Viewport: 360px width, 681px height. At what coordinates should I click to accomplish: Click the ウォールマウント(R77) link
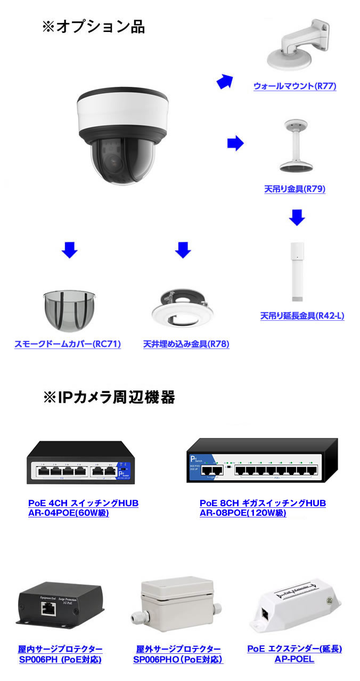click(294, 86)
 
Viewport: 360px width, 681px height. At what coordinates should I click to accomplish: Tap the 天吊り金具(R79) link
click(294, 189)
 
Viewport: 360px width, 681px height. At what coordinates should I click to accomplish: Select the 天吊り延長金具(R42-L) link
click(302, 315)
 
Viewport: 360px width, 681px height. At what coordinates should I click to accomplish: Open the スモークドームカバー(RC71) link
click(68, 344)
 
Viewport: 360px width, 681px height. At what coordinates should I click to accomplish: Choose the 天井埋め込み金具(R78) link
click(186, 344)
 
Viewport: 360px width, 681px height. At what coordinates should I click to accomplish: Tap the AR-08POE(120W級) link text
click(242, 513)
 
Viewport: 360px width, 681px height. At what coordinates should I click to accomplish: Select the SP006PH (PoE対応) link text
click(60, 660)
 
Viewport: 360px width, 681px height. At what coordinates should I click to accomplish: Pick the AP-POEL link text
click(294, 659)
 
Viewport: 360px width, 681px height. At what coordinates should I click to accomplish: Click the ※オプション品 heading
click(93, 27)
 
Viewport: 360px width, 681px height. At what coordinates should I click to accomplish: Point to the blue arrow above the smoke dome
click(69, 249)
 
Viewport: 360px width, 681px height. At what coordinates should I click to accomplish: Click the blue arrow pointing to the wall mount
click(225, 81)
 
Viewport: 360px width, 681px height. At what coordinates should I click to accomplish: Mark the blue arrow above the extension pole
click(297, 217)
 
